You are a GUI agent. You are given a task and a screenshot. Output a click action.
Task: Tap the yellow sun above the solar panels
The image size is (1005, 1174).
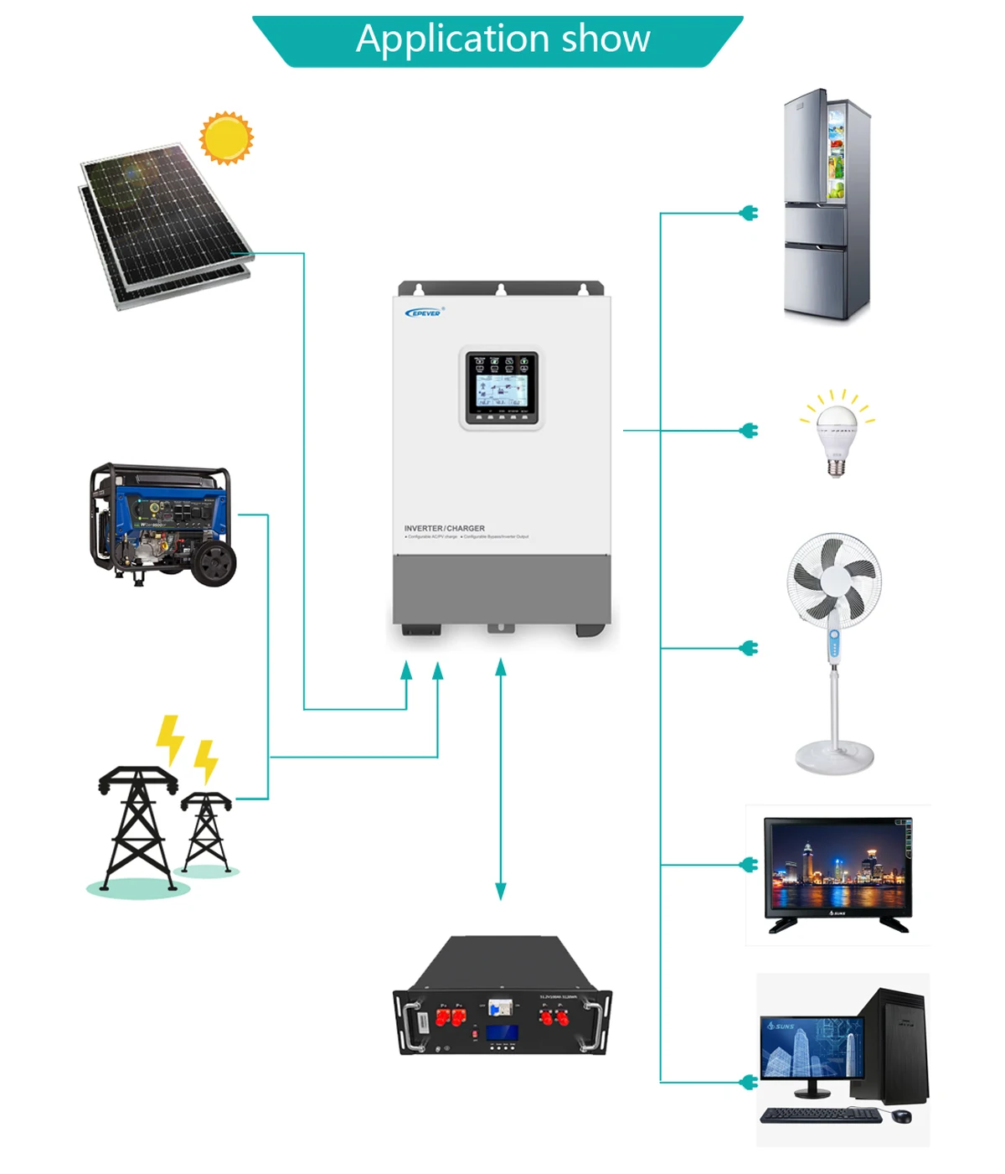(226, 138)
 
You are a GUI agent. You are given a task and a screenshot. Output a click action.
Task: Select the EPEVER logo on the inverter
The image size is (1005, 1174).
(424, 313)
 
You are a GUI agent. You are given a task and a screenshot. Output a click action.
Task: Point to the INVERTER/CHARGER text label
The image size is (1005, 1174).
(444, 529)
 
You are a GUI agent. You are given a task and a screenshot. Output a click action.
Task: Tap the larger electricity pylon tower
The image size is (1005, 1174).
(138, 825)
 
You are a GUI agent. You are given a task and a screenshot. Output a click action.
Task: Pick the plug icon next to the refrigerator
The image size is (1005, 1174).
(750, 214)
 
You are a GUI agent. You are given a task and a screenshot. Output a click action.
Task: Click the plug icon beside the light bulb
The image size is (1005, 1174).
(750, 431)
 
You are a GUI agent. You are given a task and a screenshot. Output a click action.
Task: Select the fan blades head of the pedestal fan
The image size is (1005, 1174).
(834, 578)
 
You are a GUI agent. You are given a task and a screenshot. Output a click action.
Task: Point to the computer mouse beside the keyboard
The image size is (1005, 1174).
(901, 1116)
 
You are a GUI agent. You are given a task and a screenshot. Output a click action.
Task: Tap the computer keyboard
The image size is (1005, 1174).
(820, 1115)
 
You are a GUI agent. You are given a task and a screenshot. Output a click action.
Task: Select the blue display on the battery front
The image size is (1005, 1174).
(502, 1033)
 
